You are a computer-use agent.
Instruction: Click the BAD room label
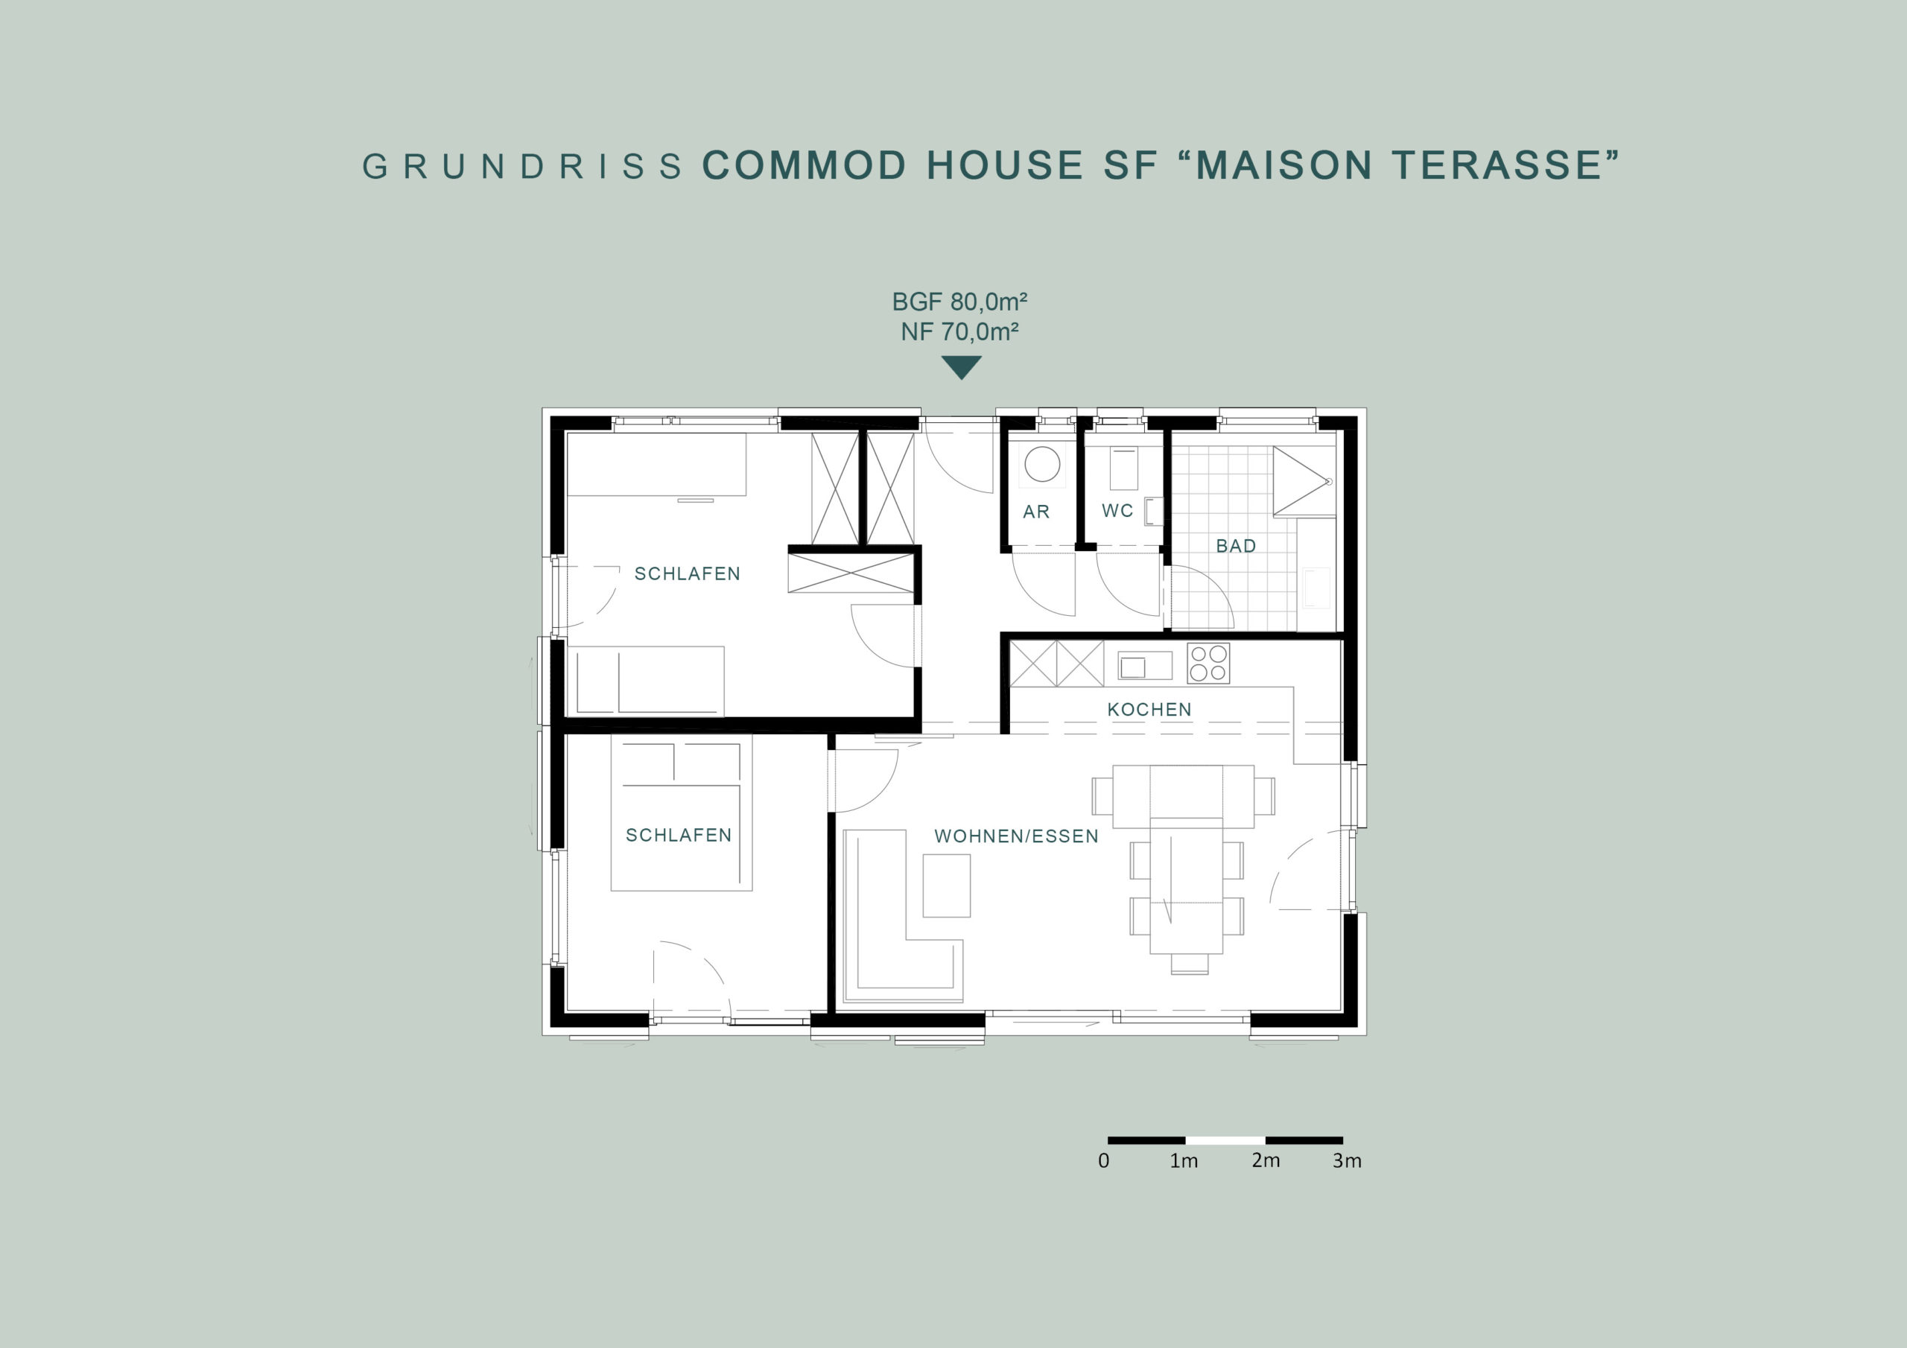1236,546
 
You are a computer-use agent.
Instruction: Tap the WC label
1117,511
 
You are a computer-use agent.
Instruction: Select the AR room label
1036,512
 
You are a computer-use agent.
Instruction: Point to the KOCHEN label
1149,709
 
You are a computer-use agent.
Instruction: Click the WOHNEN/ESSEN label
1017,836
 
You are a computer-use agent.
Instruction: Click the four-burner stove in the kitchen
1208,663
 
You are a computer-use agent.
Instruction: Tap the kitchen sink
1144,665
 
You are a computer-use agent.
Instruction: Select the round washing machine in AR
1042,463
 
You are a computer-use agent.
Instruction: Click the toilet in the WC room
1123,470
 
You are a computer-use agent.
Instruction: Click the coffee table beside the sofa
947,886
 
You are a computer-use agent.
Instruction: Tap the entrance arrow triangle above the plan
962,367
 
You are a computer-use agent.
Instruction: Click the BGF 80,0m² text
960,302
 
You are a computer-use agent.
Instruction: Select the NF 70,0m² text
960,332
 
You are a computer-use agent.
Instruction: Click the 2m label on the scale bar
1266,1160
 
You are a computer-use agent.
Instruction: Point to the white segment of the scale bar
1225,1140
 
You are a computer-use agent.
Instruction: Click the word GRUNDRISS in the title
522,166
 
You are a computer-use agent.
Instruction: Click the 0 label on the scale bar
1104,1160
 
